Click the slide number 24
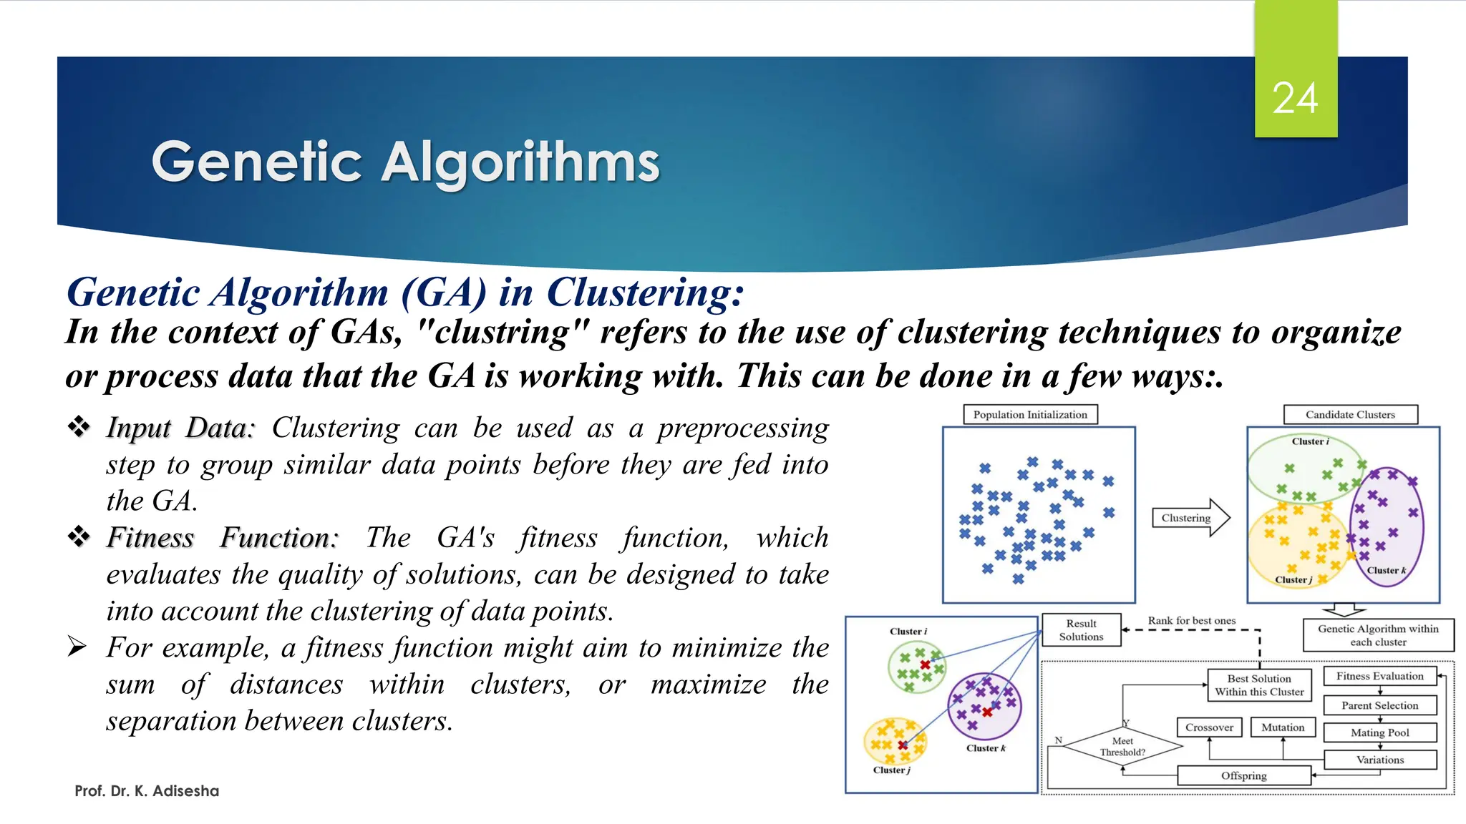pos(1295,98)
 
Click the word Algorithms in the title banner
pos(520,162)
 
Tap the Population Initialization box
pos(1030,415)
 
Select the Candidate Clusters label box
pos(1350,415)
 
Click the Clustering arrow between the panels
pos(1190,518)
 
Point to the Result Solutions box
pos(1081,630)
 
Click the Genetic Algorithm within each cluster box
pos(1378,635)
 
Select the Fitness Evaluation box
pos(1379,676)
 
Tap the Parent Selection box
pos(1379,705)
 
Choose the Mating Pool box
pos(1379,732)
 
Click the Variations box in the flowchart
pos(1379,760)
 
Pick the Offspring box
pos(1243,775)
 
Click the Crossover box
pos(1209,727)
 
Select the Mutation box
pos(1283,727)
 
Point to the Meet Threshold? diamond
pos(1122,747)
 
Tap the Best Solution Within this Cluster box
pos(1259,685)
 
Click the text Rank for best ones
pos(1192,621)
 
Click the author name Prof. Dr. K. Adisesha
pos(147,791)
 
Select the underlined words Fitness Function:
pos(222,538)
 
